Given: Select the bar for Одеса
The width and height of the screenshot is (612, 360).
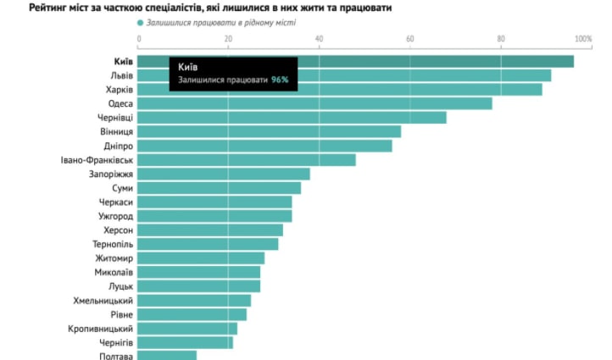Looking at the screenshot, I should (x=314, y=103).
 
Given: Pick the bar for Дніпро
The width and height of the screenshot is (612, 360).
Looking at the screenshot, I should (x=264, y=146).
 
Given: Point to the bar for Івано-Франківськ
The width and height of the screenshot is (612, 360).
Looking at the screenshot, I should (x=246, y=160).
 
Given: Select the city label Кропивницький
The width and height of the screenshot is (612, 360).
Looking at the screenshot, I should (x=100, y=328).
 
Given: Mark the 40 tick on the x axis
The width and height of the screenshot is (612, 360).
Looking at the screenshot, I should (x=320, y=40).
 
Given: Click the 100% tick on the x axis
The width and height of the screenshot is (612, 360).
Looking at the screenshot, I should (x=582, y=40).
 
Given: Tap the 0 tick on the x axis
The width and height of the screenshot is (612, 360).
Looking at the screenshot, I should (x=139, y=40).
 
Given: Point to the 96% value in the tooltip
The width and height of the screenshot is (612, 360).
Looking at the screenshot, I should (x=280, y=80).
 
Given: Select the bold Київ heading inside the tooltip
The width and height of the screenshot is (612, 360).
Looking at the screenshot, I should (x=188, y=66).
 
